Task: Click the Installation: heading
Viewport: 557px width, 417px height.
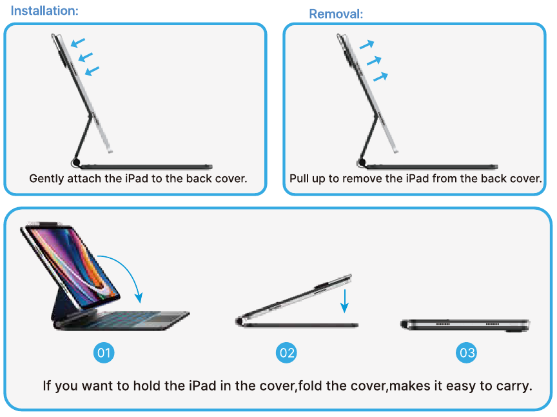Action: pos(44,11)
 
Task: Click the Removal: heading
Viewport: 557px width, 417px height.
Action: pos(336,14)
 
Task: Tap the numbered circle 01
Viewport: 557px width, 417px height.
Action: pos(104,352)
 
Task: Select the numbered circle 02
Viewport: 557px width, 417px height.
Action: pos(286,352)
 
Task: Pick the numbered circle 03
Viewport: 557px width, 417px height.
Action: pos(466,352)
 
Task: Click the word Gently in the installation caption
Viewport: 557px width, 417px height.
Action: pos(46,179)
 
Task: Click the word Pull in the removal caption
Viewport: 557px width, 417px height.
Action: pos(298,178)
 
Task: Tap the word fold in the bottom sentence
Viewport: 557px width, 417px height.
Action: pos(309,385)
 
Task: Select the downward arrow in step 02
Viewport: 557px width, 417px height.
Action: pos(344,301)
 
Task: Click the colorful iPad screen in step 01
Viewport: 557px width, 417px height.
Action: pos(73,265)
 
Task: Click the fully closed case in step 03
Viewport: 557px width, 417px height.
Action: pos(465,325)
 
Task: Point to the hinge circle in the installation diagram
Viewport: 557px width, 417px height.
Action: pos(76,163)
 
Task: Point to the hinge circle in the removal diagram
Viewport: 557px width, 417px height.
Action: pos(362,163)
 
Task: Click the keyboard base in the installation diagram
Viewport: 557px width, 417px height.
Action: pos(146,167)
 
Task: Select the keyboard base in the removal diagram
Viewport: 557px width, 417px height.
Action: pos(431,167)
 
